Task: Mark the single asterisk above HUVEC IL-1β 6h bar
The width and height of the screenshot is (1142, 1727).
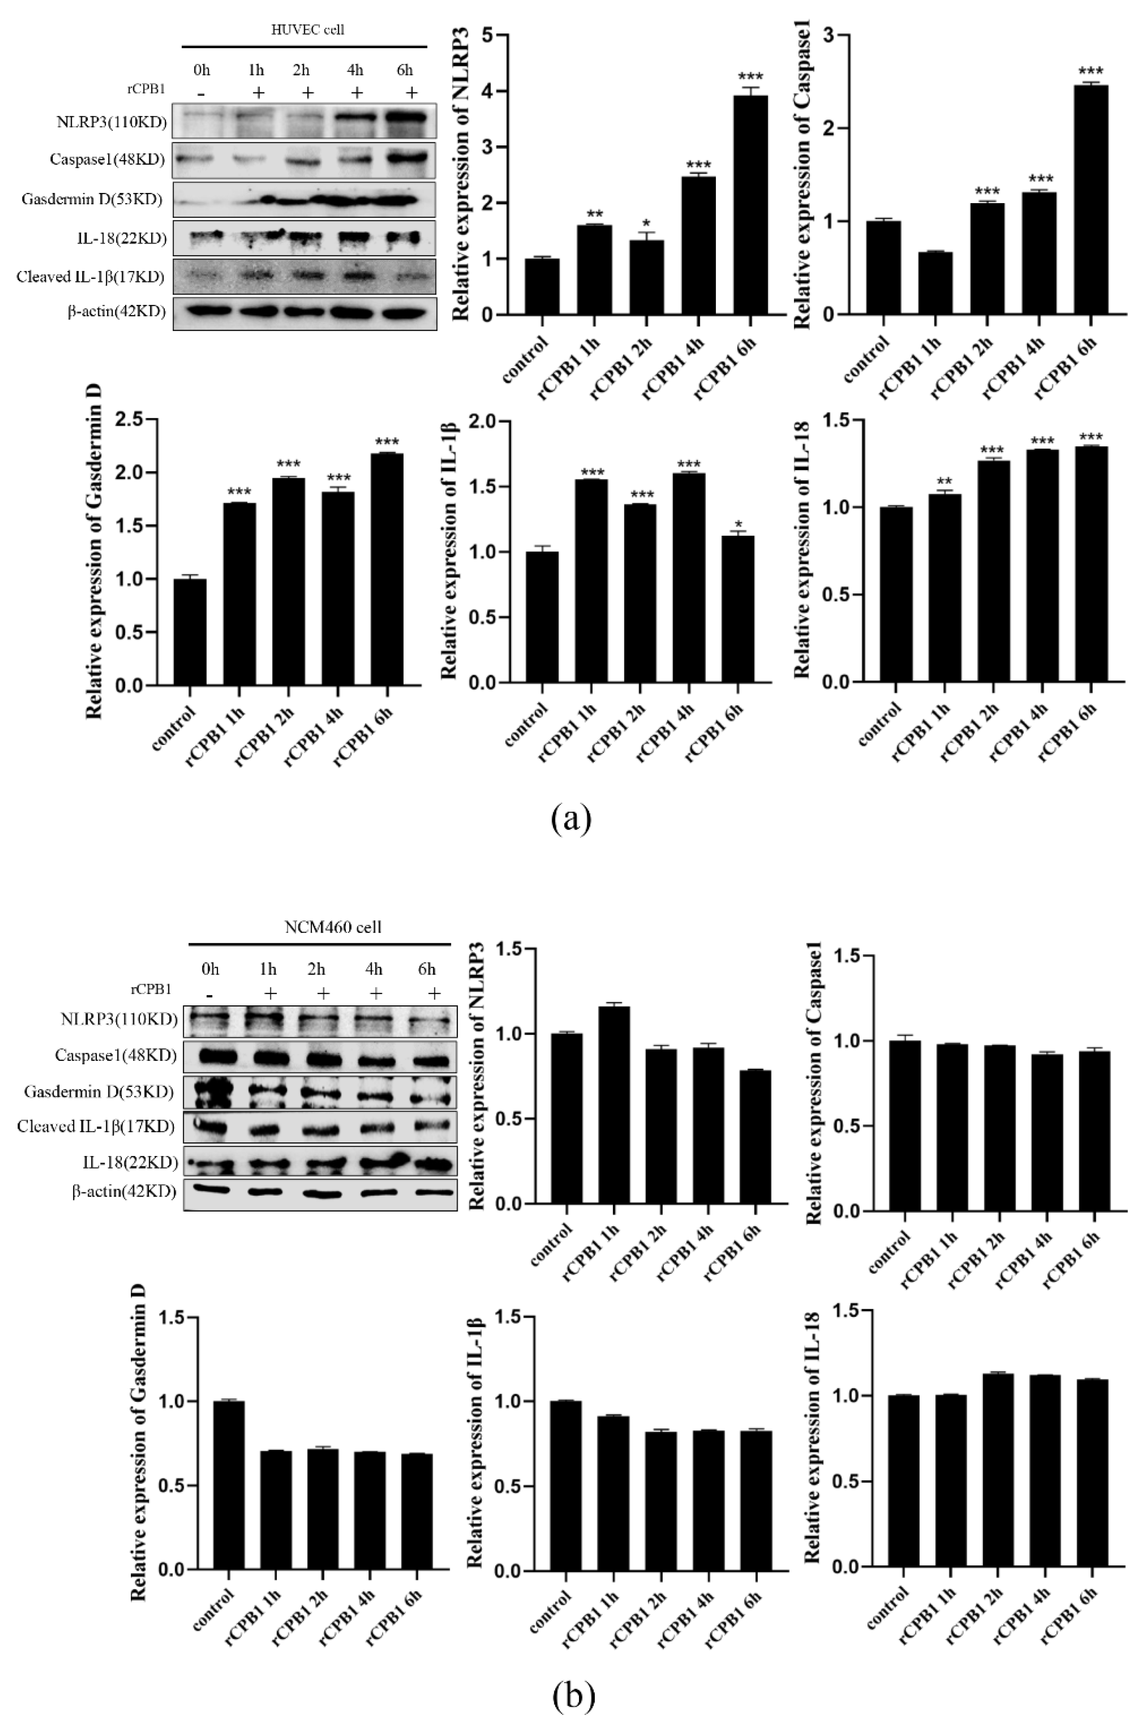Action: tap(738, 524)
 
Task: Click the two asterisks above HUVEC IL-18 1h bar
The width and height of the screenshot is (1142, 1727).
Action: tap(944, 481)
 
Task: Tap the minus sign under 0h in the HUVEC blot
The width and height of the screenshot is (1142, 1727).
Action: tap(201, 94)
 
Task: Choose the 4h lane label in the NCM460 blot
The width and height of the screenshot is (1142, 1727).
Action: tap(374, 969)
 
